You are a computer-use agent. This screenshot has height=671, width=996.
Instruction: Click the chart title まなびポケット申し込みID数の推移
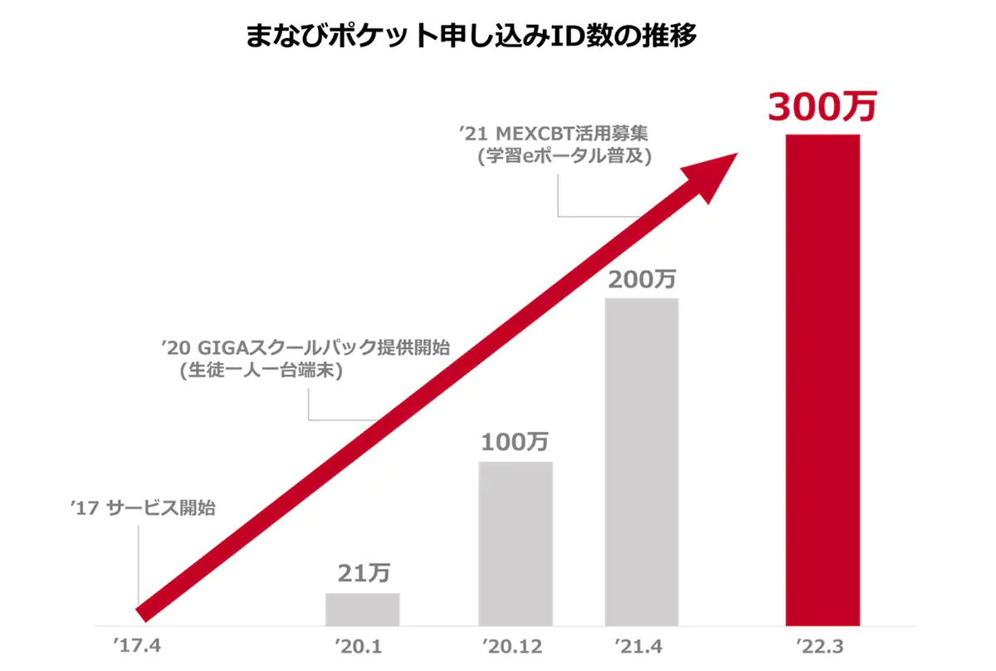471,37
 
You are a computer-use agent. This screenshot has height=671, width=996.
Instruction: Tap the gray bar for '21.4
642,462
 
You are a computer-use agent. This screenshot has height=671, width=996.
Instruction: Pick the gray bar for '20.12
515,543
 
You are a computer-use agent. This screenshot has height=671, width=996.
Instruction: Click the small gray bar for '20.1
362,609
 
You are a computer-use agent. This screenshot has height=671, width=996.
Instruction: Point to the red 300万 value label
822,107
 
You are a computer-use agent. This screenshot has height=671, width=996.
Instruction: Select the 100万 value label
515,443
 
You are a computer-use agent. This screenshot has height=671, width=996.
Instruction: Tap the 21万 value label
364,572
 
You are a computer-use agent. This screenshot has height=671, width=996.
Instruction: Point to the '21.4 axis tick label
639,646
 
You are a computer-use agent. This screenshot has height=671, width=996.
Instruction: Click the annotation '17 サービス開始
143,507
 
